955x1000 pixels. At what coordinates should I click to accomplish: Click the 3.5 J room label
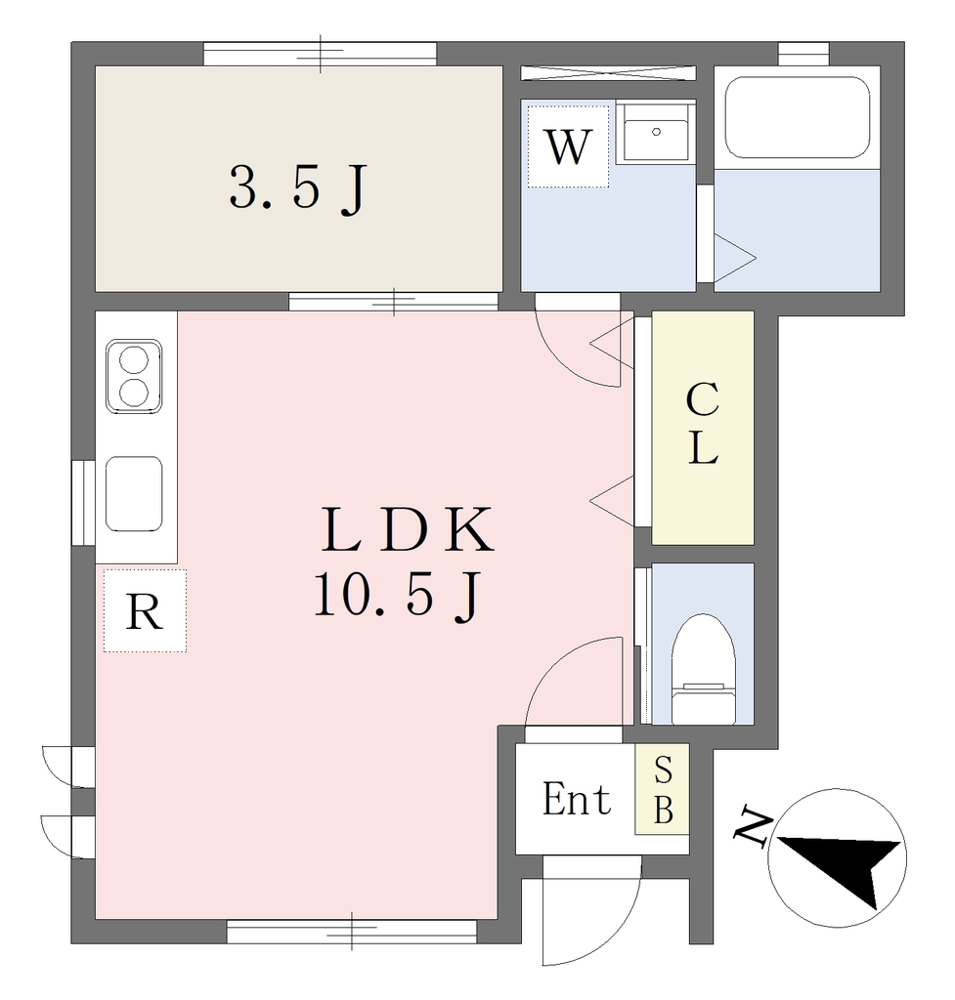pos(297,188)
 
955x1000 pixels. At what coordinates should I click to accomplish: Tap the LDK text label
pos(408,529)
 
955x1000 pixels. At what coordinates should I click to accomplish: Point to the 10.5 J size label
pos(397,595)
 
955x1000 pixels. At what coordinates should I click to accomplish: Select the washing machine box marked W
pos(568,146)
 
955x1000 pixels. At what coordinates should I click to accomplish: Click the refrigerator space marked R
pos(145,611)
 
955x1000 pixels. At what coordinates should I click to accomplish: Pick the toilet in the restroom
pos(703,669)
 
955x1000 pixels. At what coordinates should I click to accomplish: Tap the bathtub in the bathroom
pos(798,117)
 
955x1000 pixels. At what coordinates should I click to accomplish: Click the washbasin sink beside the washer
pos(656,132)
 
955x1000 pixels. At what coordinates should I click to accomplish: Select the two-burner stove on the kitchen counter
pos(133,376)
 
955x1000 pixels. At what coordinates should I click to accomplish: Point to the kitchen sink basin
pos(133,493)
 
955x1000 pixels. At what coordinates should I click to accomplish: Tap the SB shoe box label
pos(664,789)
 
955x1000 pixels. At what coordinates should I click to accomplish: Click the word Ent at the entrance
pos(577,799)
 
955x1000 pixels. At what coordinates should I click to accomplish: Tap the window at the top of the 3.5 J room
pos(320,54)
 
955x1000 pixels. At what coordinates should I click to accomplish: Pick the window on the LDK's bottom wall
pos(352,931)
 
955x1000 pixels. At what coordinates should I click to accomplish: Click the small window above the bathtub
pos(803,54)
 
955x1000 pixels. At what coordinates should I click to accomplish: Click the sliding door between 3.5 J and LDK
pos(393,302)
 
